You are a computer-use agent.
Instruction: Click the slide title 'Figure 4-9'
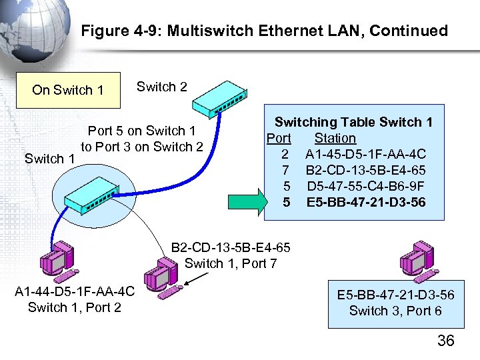tap(264, 31)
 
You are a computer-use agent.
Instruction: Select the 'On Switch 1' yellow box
tap(68, 90)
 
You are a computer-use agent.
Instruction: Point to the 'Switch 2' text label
tap(162, 87)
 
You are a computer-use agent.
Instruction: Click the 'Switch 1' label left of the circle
tap(49, 159)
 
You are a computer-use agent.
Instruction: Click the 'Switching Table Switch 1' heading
tap(353, 122)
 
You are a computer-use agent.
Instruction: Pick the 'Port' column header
tap(279, 138)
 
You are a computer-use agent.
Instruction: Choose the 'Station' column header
tap(335, 138)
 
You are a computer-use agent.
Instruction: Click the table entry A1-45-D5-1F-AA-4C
tap(365, 154)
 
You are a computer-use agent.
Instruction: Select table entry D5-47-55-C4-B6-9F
tap(365, 185)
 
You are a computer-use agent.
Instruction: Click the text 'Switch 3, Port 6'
tap(395, 311)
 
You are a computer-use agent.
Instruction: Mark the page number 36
tap(445, 341)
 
